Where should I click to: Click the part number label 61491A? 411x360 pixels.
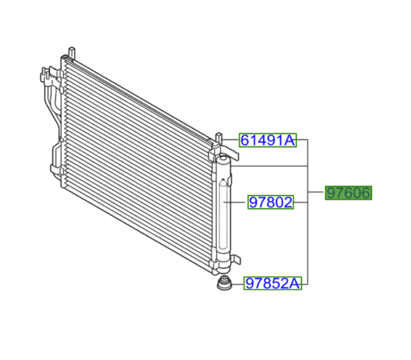tap(267, 141)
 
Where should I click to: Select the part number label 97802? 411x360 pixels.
tap(271, 202)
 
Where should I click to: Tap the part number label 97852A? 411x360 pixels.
tap(273, 283)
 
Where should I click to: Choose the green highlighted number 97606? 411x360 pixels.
tap(348, 194)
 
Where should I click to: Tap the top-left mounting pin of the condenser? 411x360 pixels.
tap(72, 52)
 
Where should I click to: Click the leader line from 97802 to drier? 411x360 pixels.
tap(238, 202)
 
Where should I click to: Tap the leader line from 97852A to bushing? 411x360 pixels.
tap(238, 283)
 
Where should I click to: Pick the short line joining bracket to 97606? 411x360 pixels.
tap(316, 194)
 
